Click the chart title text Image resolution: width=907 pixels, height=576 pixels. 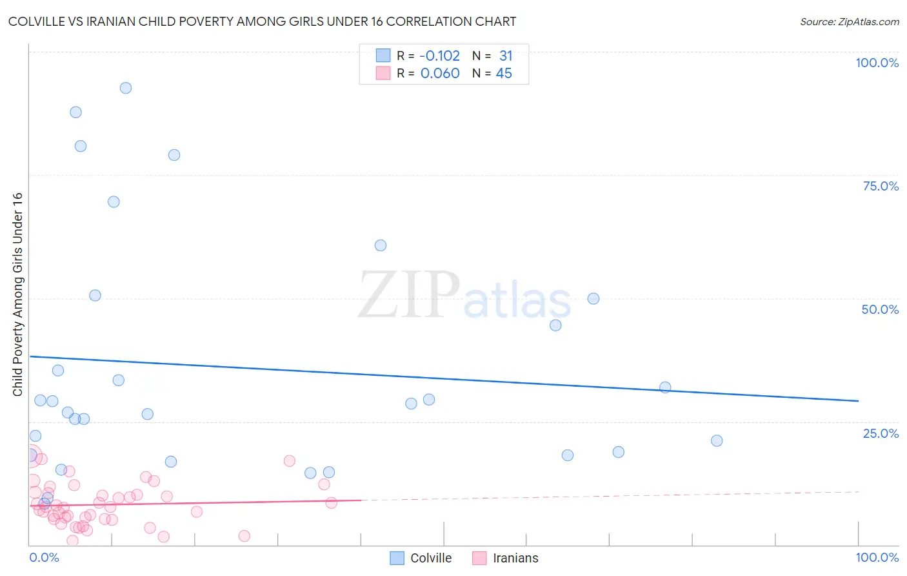[x=262, y=21]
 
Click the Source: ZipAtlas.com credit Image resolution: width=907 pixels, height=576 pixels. [x=849, y=22]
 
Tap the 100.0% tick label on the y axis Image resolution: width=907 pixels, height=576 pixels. [x=877, y=63]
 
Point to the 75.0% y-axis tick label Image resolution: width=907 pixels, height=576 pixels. [x=881, y=186]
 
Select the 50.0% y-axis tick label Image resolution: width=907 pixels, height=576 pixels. [x=880, y=309]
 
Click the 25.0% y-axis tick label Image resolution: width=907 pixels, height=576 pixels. [x=881, y=433]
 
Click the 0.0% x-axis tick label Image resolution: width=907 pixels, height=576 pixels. [x=44, y=557]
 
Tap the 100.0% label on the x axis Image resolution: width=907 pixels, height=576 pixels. [x=877, y=557]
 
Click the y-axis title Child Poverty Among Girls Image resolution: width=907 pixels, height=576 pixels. [x=17, y=294]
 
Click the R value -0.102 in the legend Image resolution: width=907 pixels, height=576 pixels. [x=440, y=56]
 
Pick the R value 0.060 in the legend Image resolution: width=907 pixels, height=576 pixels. [x=440, y=74]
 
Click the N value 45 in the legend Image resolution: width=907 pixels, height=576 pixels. [x=504, y=74]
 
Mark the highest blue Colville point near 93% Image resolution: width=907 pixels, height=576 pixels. [x=126, y=88]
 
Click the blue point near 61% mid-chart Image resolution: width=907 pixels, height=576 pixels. [x=381, y=245]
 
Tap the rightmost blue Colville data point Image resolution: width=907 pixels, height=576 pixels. [x=717, y=441]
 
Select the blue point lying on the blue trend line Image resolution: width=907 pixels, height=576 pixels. [x=665, y=387]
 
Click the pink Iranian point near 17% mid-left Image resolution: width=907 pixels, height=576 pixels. [x=289, y=461]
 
